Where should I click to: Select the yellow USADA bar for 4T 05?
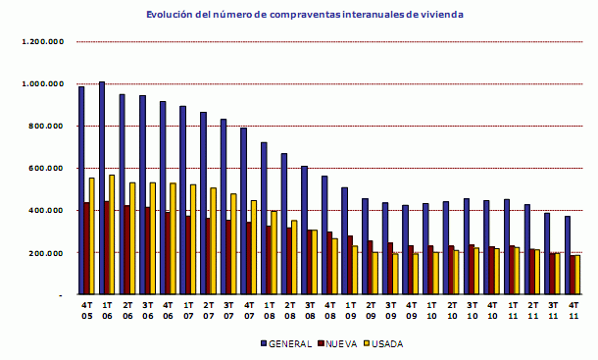pyautogui.click(x=91, y=235)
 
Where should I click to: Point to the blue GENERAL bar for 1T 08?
pyautogui.click(x=264, y=218)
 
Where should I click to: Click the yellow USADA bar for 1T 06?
pyautogui.click(x=112, y=234)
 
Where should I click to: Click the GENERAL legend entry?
pyautogui.click(x=287, y=343)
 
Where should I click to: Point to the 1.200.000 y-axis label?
pyautogui.click(x=42, y=42)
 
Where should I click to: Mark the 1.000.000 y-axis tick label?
pyautogui.click(x=42, y=84)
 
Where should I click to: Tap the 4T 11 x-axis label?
pyautogui.click(x=573, y=310)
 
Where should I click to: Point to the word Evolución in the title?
pyautogui.click(x=168, y=14)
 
